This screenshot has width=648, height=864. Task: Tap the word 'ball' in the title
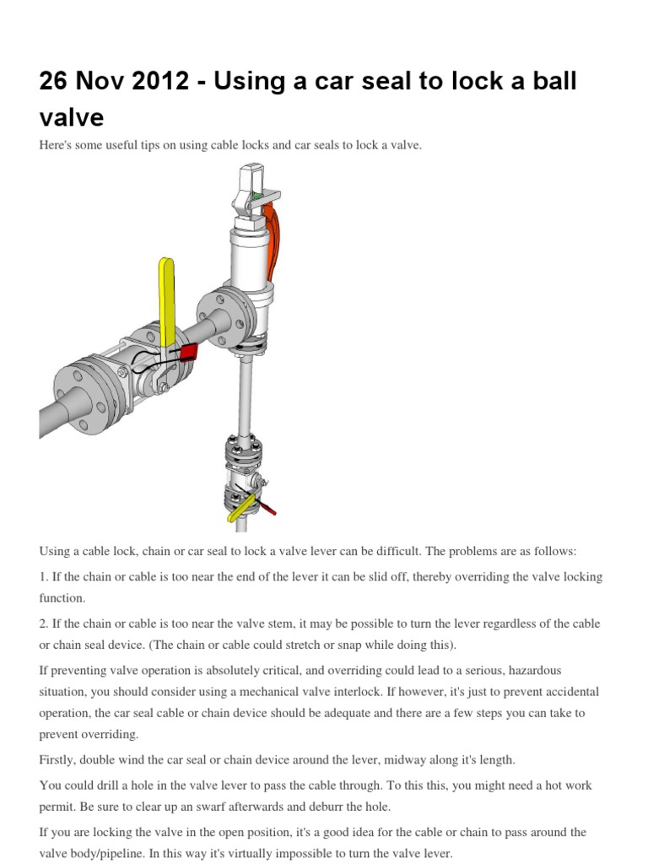pos(554,81)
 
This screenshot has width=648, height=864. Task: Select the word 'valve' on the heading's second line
pos(72,117)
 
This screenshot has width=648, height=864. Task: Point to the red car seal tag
pos(189,352)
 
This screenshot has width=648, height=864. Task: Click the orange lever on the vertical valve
pos(273,240)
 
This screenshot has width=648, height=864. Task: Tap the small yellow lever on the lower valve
pos(241,509)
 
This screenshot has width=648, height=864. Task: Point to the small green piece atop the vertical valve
pos(257,195)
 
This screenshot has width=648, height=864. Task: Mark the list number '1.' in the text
pos(44,576)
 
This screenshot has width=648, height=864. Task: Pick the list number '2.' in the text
pos(44,624)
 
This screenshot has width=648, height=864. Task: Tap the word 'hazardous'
pos(534,670)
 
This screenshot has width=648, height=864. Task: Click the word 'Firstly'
pos(57,760)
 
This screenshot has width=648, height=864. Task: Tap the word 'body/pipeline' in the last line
pos(105,854)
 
